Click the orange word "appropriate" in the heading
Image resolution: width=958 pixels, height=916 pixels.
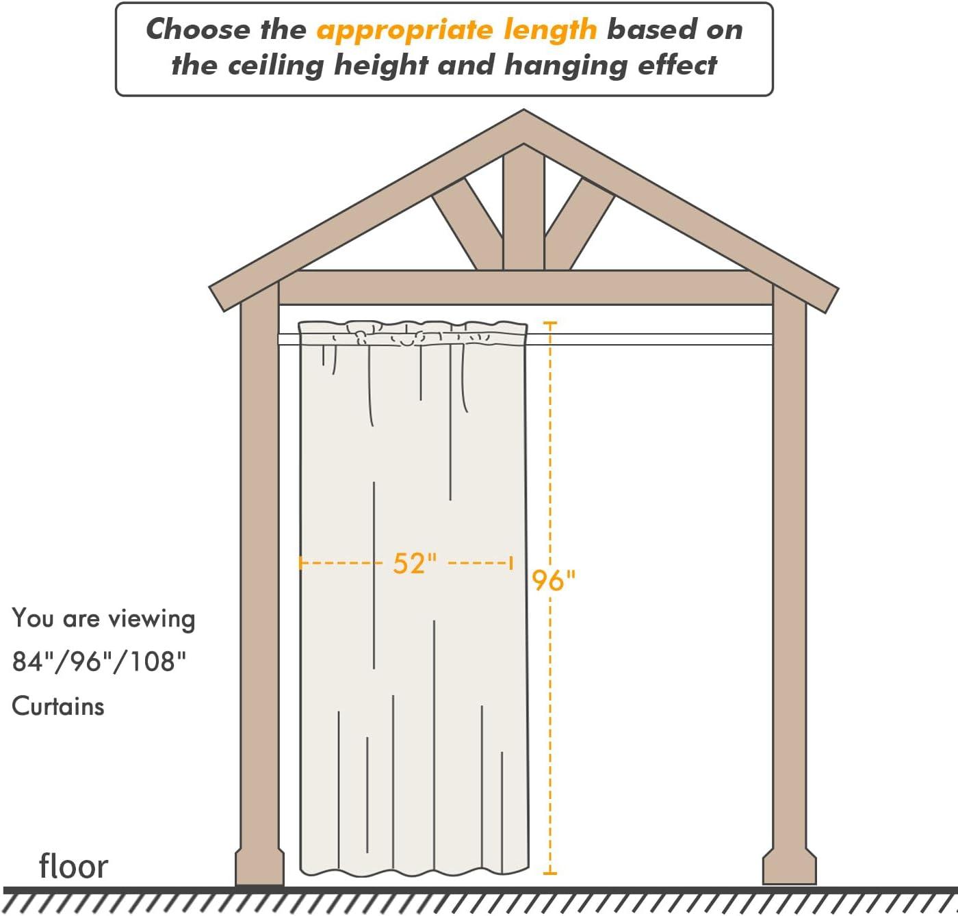[x=404, y=31]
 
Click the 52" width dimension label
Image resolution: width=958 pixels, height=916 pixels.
[x=415, y=562]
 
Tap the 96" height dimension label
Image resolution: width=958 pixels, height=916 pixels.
[x=554, y=580]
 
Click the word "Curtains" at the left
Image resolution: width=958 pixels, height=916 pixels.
[x=58, y=706]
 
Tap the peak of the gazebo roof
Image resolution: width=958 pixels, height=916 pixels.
[x=523, y=110]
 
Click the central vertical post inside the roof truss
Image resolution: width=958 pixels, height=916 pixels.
[x=523, y=212]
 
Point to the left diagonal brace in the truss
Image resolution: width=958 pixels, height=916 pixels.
[x=467, y=224]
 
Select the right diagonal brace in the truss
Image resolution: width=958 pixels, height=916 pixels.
[x=580, y=224]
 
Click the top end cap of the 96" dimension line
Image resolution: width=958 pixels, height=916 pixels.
[x=550, y=323]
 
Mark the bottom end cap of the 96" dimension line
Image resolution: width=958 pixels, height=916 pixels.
[x=550, y=874]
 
